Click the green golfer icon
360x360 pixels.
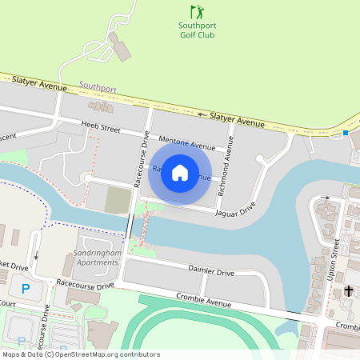197,12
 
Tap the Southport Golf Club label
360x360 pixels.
197,30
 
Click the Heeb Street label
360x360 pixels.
100,126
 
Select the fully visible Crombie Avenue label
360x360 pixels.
203,300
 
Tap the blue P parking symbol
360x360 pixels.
26,288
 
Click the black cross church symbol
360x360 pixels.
349,291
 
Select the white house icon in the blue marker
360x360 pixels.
180,173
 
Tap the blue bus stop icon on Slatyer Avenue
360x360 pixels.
346,133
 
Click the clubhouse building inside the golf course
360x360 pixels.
121,47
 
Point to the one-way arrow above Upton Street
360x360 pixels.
325,197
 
